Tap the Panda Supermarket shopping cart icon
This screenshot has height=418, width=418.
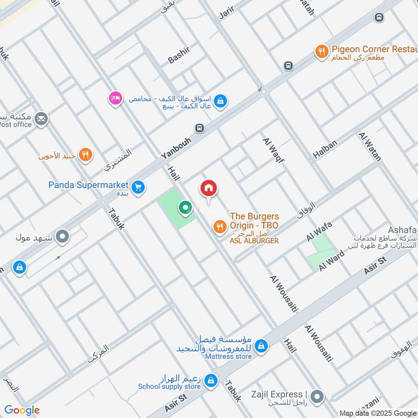138,187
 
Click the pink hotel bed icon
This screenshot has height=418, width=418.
115,98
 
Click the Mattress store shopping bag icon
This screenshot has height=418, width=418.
262,346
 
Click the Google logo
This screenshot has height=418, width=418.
22,410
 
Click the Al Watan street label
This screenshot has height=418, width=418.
370,146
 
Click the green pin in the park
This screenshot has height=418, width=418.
185,208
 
